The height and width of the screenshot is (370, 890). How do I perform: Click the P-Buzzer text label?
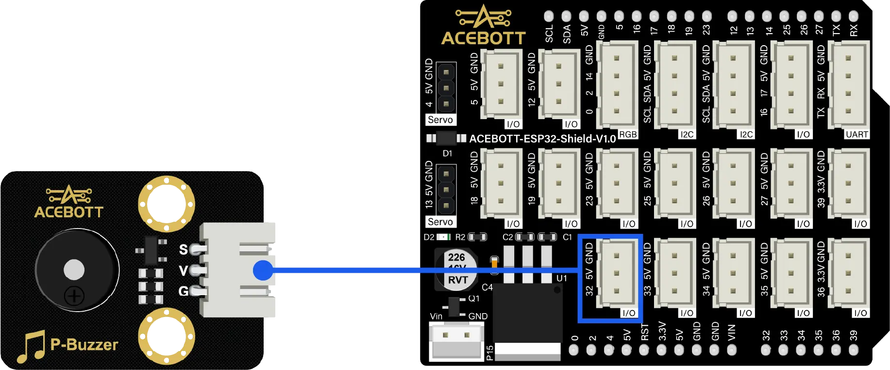[x=84, y=345]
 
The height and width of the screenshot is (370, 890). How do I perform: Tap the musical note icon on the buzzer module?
[x=31, y=347]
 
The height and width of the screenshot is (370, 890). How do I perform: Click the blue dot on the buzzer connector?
[x=263, y=270]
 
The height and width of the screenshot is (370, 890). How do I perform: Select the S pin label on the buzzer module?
[x=183, y=249]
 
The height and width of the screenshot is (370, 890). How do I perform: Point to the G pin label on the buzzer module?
[x=183, y=291]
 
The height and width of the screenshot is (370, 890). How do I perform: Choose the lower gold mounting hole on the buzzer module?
[x=167, y=335]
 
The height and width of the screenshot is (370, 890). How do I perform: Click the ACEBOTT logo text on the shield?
[x=483, y=38]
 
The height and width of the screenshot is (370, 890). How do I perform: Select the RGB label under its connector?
[x=628, y=134]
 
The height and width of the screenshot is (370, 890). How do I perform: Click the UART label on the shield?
[x=856, y=134]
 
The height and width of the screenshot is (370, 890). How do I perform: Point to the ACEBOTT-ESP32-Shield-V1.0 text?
[x=542, y=139]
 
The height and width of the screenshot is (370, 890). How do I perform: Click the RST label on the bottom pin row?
[x=645, y=332]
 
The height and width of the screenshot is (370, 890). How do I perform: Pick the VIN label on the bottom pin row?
[x=732, y=333]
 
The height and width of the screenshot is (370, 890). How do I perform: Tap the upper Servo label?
[x=440, y=120]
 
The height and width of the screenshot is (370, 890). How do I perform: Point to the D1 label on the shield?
[x=447, y=154]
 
